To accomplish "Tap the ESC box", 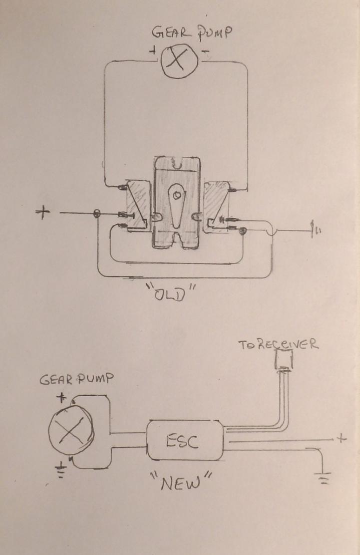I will coord(185,441).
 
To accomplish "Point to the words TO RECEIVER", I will coord(278,346).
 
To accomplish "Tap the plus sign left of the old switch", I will coord(43,213).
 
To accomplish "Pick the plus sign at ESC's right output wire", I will coord(341,438).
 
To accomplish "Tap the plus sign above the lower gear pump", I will coord(62,398).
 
